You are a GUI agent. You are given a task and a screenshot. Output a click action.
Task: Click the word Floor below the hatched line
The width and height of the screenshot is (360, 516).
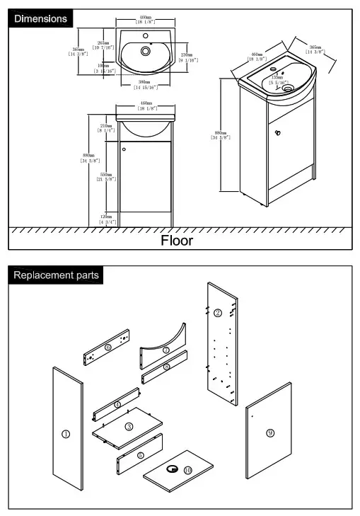[x=176, y=240]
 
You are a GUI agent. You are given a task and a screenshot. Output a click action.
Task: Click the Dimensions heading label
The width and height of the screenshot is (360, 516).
[x=41, y=18]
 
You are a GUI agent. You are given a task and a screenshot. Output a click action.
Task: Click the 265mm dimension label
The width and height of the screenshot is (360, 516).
[x=103, y=45]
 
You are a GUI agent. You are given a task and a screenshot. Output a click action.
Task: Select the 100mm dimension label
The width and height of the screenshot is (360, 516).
[x=103, y=69]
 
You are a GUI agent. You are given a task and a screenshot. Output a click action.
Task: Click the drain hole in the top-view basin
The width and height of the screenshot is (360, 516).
[x=146, y=51]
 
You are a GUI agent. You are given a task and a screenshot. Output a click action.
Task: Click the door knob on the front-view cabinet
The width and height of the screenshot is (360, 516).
[x=124, y=149]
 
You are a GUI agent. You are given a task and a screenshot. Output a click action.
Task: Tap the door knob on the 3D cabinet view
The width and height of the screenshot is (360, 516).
[x=279, y=131]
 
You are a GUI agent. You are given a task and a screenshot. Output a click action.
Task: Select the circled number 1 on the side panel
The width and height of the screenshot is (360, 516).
[x=66, y=434]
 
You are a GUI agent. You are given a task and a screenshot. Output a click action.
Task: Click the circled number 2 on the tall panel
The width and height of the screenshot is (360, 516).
[x=218, y=313]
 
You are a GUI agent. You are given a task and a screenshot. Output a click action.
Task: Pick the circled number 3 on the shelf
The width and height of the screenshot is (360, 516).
[x=129, y=427]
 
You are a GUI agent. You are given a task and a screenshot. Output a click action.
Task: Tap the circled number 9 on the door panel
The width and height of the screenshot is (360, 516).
[x=269, y=432]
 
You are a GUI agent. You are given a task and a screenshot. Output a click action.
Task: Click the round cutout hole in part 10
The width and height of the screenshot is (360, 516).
[x=171, y=469]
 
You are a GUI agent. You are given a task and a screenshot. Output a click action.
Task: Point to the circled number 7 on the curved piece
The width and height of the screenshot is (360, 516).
[x=166, y=350]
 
